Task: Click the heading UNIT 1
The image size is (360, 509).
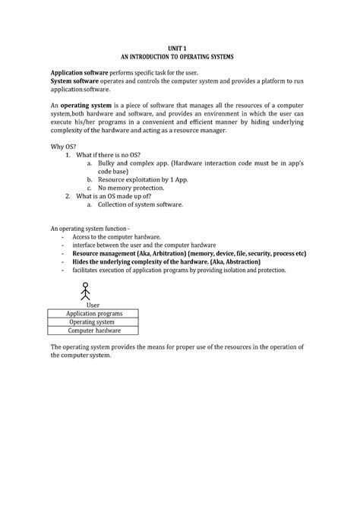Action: (x=180, y=47)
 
